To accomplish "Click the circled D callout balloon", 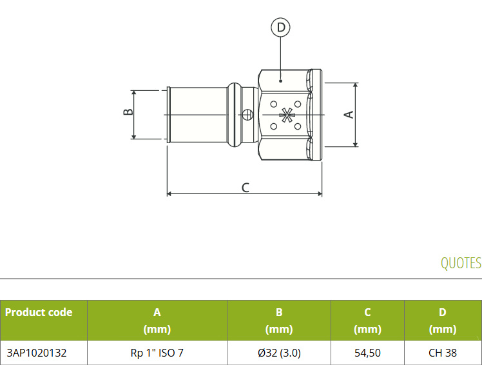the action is point(280,27).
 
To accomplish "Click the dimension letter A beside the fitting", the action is point(349,115).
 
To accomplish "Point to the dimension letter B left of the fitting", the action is point(128,112).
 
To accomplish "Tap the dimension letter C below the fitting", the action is point(246,188).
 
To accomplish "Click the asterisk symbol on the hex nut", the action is point(286,115).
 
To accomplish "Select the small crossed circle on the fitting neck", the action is point(247,115).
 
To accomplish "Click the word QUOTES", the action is point(461,263).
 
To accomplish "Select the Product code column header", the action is point(39,312).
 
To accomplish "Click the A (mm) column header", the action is point(157,321).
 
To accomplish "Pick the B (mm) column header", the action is point(279,321).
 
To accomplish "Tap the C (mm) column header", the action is point(367,321).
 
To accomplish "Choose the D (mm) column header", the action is point(442,321).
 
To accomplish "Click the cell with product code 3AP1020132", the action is point(37,353).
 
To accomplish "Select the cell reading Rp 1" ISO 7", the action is point(157,353).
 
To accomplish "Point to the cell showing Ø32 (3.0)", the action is point(279,353).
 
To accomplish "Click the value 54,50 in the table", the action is point(367,353).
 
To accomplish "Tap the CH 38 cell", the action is point(443,353).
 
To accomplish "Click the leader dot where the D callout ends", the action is point(280,81).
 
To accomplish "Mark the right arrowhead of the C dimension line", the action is point(320,194).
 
